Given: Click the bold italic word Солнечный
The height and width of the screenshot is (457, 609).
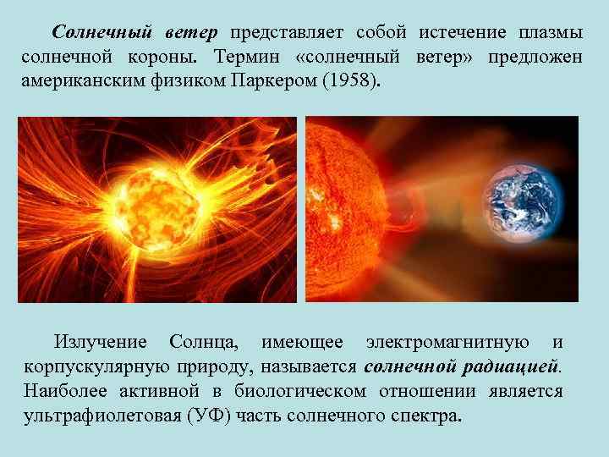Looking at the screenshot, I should click(101, 32).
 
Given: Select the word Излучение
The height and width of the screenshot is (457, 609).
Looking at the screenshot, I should click(100, 342).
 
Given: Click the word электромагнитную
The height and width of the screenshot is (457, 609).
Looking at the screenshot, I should click(447, 342).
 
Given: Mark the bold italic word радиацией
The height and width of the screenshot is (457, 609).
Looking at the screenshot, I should click(512, 367).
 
